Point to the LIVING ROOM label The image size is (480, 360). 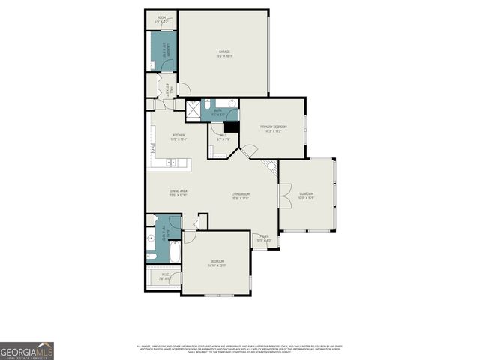[x=240, y=196]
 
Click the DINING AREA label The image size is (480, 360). [x=178, y=193]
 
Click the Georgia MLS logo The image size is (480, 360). [x=27, y=351]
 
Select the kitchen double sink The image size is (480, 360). [x=170, y=161]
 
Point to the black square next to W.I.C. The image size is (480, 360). [x=231, y=127]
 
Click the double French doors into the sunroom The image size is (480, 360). [x=283, y=196]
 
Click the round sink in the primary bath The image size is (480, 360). [x=232, y=103]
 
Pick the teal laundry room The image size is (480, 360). [x=162, y=51]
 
